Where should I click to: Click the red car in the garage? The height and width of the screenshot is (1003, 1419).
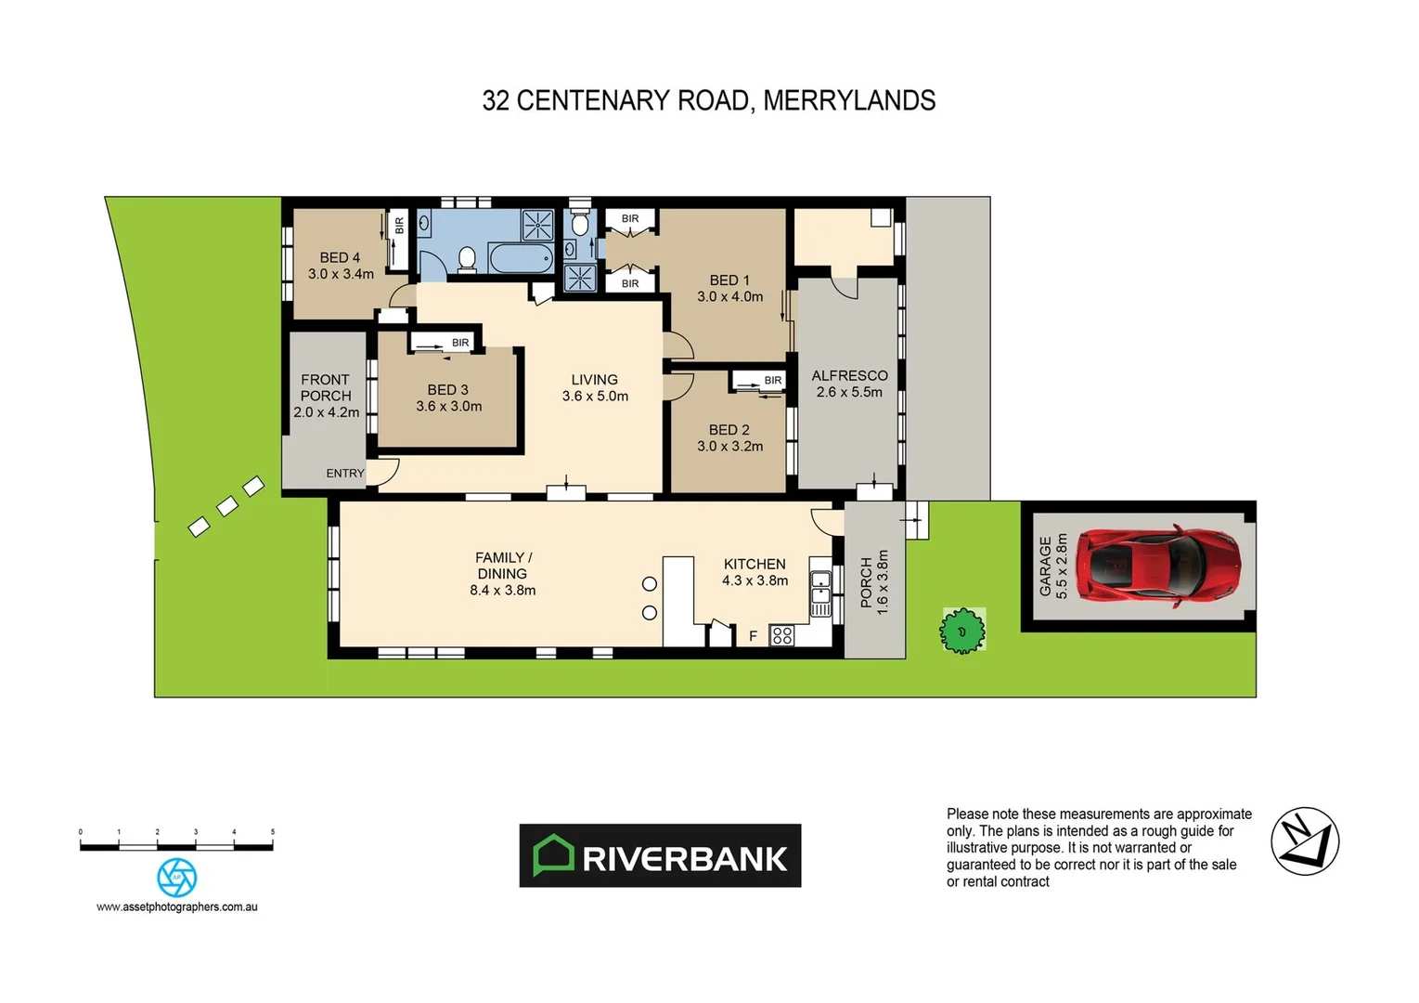click(1162, 566)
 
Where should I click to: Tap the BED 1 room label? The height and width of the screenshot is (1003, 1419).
click(729, 280)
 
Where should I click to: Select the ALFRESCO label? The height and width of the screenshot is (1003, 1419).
click(849, 376)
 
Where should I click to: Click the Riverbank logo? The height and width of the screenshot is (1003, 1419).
click(660, 855)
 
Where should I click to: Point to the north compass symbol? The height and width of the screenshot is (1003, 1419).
click(1304, 841)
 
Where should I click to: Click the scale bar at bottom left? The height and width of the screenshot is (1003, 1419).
click(176, 845)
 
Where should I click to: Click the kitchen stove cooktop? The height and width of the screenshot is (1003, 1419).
click(782, 636)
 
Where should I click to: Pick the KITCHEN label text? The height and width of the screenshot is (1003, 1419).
click(755, 565)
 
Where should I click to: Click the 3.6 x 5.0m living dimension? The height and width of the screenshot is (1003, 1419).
click(595, 397)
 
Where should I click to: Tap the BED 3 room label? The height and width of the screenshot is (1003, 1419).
click(447, 390)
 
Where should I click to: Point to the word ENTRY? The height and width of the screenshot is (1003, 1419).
click(345, 474)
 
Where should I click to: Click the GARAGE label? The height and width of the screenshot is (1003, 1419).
click(1046, 567)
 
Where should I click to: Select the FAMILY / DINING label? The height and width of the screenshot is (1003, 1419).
click(502, 566)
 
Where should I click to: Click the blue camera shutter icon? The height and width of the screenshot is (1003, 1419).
click(176, 878)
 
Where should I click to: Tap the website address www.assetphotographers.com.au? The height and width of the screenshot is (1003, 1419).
click(176, 907)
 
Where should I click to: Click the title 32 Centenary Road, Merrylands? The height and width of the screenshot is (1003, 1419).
click(709, 100)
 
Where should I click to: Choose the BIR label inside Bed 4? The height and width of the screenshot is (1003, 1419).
click(400, 226)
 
